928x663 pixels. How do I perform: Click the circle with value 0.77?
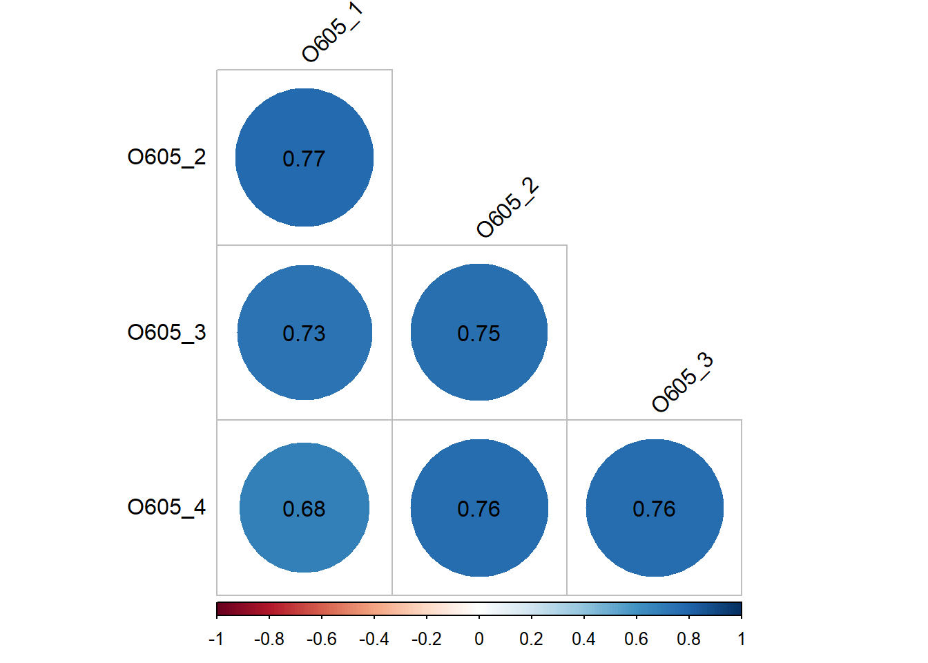tap(304, 157)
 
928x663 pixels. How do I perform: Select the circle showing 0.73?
tap(304, 332)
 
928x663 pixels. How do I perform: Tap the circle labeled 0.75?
tap(479, 332)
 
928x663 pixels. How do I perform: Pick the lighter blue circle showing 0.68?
tap(304, 508)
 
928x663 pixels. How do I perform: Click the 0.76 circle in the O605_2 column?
tap(479, 508)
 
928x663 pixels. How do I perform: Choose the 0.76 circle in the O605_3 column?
tap(655, 508)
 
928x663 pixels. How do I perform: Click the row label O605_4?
tap(166, 508)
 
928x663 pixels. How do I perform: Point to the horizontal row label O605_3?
tap(166, 333)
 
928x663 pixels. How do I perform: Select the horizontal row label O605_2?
tap(166, 157)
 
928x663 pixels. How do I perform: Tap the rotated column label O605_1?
tap(332, 32)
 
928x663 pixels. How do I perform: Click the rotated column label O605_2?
tap(507, 208)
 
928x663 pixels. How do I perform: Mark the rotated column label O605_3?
tap(682, 383)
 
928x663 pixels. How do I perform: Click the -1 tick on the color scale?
tap(216, 640)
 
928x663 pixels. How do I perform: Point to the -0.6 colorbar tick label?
tap(321, 640)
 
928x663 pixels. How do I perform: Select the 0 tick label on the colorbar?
tap(479, 640)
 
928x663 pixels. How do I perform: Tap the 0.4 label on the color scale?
tap(583, 640)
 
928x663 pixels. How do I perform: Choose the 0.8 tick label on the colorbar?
tap(688, 640)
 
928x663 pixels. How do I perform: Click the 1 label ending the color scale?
tap(741, 640)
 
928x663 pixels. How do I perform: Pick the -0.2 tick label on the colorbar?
tap(426, 640)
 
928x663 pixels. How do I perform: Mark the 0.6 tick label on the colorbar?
tap(636, 640)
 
